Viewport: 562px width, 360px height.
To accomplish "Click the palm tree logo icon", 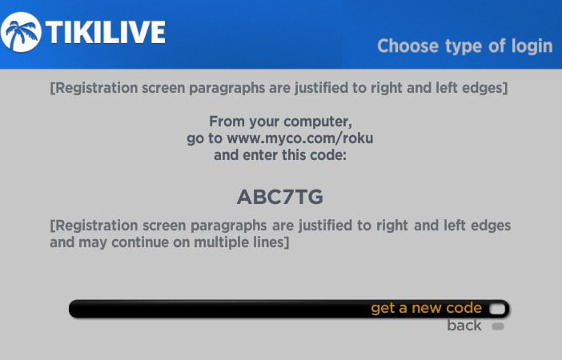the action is (x=21, y=32).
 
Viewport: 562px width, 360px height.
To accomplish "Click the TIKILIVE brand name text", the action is (x=106, y=33).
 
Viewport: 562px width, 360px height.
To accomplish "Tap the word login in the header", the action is (x=532, y=46).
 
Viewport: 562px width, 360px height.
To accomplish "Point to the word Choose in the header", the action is (x=407, y=46).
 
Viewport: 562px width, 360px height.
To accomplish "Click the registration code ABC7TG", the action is (x=280, y=197).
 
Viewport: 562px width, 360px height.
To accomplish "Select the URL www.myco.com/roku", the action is (x=300, y=138).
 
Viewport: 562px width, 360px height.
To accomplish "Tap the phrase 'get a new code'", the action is (x=426, y=308).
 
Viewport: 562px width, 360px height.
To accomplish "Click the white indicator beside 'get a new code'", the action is (x=497, y=309).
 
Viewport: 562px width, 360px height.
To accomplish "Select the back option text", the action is (x=464, y=326).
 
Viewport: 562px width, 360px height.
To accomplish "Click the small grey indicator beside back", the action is (x=498, y=326).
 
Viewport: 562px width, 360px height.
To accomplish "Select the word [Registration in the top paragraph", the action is (x=94, y=88).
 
